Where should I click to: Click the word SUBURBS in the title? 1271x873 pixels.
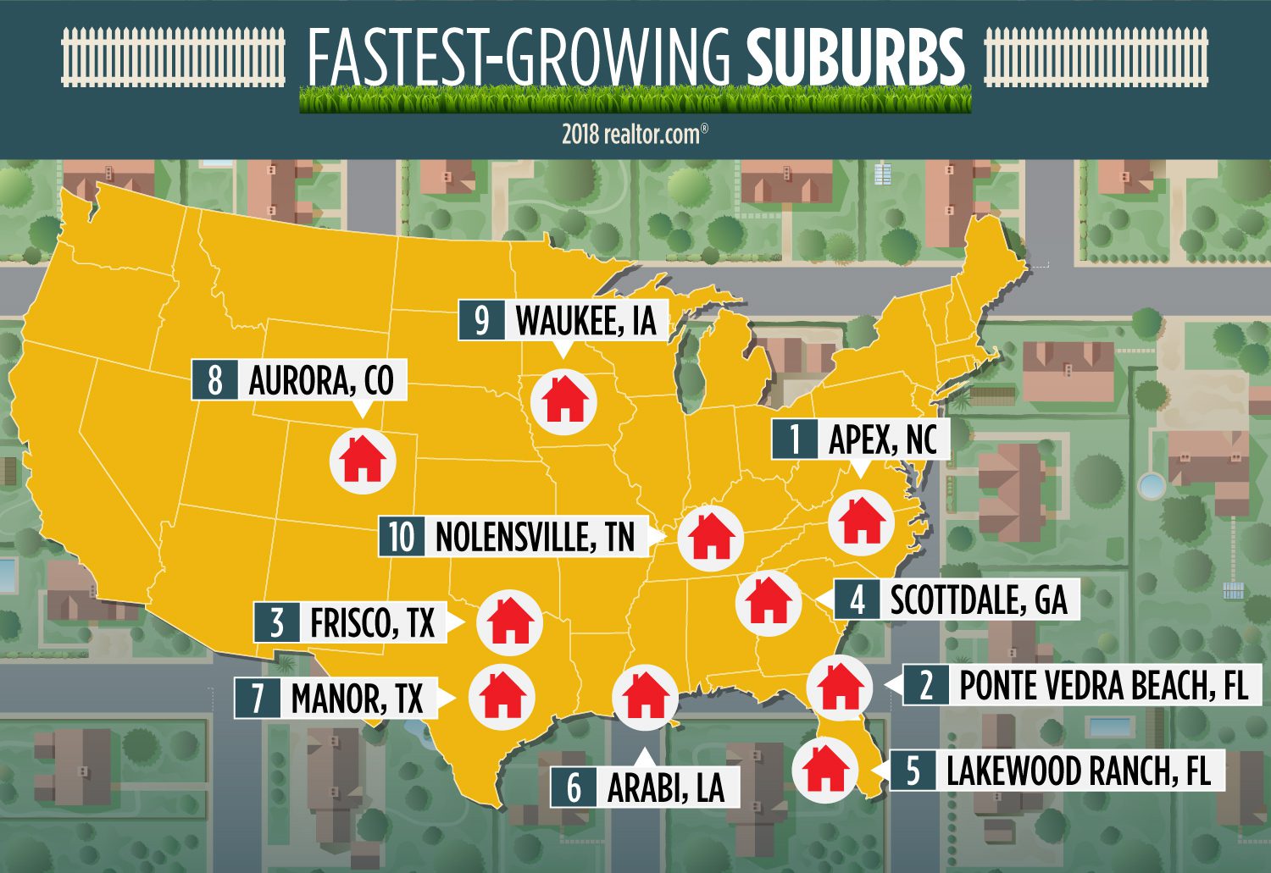(855, 58)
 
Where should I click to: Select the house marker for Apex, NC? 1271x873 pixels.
(862, 520)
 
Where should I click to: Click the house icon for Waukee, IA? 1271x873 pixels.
(564, 401)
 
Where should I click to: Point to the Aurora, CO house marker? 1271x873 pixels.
(363, 459)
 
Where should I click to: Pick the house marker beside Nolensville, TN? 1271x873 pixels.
(710, 537)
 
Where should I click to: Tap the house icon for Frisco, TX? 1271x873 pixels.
(509, 622)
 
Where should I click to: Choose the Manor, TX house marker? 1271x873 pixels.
(502, 696)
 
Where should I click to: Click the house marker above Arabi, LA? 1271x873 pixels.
(645, 695)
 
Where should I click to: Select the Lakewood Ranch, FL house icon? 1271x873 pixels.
(825, 769)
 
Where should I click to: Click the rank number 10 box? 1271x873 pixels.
(402, 537)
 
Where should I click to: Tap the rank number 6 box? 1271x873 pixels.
(574, 787)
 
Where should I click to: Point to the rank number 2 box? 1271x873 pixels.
(926, 685)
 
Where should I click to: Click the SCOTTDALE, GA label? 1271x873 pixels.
(978, 599)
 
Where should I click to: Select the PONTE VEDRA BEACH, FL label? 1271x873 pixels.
(1103, 685)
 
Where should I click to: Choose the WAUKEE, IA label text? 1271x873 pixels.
(586, 321)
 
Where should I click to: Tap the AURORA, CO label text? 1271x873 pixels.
(321, 381)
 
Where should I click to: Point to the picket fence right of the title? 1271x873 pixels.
(1095, 57)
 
